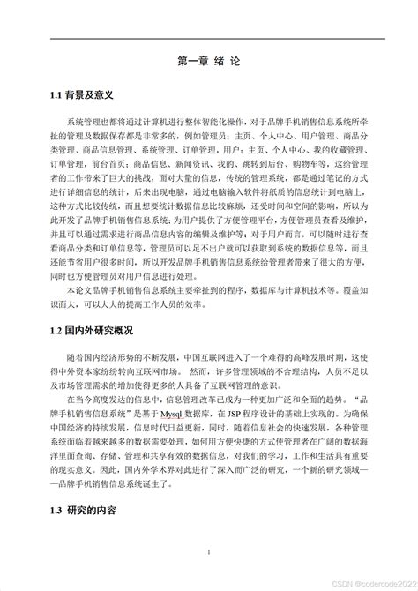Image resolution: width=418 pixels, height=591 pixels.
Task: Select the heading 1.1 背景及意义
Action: tap(82, 94)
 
